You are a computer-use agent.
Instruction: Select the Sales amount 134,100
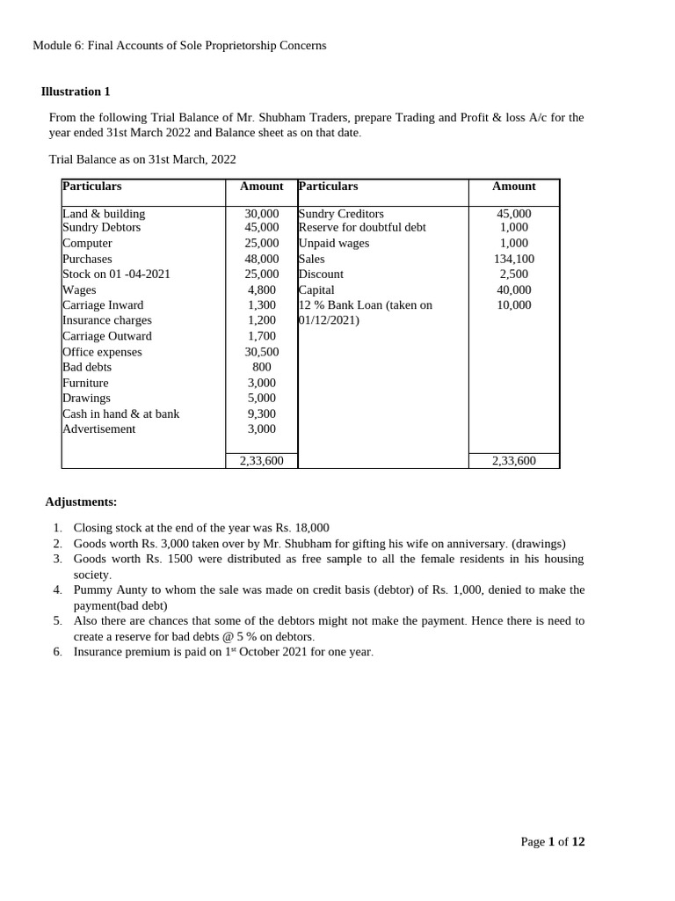513,259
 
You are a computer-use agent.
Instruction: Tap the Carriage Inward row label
103,305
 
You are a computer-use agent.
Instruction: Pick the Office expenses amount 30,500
261,352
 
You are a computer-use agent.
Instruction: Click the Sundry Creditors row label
341,214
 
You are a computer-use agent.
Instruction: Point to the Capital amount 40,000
513,289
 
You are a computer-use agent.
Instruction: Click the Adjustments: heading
81,502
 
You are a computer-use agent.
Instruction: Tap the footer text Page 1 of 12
552,841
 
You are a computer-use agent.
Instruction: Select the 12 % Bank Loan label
366,305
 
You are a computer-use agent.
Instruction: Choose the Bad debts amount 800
261,367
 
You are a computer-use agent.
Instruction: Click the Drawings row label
86,398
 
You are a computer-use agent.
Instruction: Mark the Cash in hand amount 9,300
261,414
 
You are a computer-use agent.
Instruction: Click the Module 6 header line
179,45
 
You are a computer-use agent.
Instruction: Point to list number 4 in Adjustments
57,590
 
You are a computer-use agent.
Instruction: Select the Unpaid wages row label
334,243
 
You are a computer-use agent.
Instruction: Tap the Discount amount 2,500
513,274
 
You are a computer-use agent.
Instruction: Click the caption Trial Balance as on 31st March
142,159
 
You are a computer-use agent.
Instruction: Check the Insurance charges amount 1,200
261,320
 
